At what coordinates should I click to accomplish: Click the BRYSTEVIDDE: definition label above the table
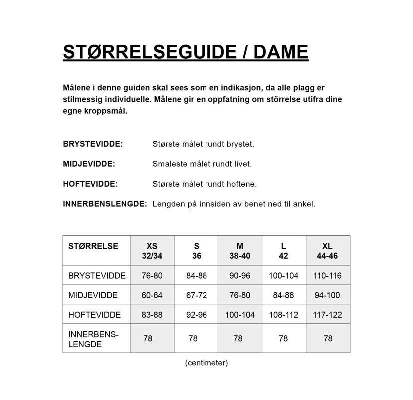tap(93, 144)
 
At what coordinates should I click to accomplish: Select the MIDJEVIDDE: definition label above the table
tap(89, 164)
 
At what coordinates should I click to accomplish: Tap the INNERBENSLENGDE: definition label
tap(105, 204)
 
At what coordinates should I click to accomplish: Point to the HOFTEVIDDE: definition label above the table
tap(90, 184)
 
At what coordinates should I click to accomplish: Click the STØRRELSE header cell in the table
tap(93, 246)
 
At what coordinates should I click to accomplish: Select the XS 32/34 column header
tap(152, 251)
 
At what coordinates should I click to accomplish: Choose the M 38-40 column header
tap(240, 251)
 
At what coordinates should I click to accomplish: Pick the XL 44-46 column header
tap(327, 251)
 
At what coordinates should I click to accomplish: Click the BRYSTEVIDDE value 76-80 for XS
tap(152, 275)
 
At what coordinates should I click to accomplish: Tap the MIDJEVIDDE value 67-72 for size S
tap(196, 295)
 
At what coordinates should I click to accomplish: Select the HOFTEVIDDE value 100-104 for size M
tap(240, 315)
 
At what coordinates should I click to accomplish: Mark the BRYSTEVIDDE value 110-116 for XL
tap(327, 275)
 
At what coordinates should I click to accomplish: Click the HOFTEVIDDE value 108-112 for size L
tap(283, 315)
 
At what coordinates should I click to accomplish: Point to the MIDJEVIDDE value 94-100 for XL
tap(327, 295)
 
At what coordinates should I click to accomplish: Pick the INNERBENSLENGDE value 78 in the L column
tap(283, 338)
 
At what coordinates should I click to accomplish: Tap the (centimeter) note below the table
tap(206, 362)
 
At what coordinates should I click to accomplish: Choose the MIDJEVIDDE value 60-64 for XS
tap(152, 295)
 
